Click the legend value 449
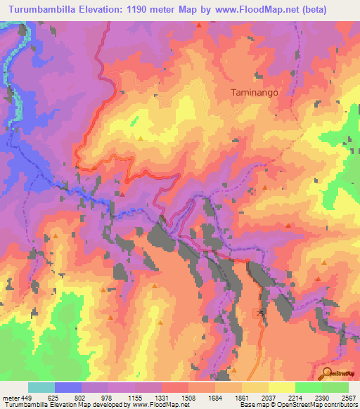pyautogui.click(x=27, y=396)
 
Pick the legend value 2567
pyautogui.click(x=348, y=396)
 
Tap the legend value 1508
pyautogui.click(x=188, y=396)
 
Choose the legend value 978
pyautogui.click(x=108, y=396)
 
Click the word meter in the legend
pyautogui.click(x=11, y=396)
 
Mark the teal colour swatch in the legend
pyautogui.click(x=41, y=387)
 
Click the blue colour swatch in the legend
pyautogui.click(x=68, y=387)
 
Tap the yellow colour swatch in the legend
pyautogui.click(x=281, y=387)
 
